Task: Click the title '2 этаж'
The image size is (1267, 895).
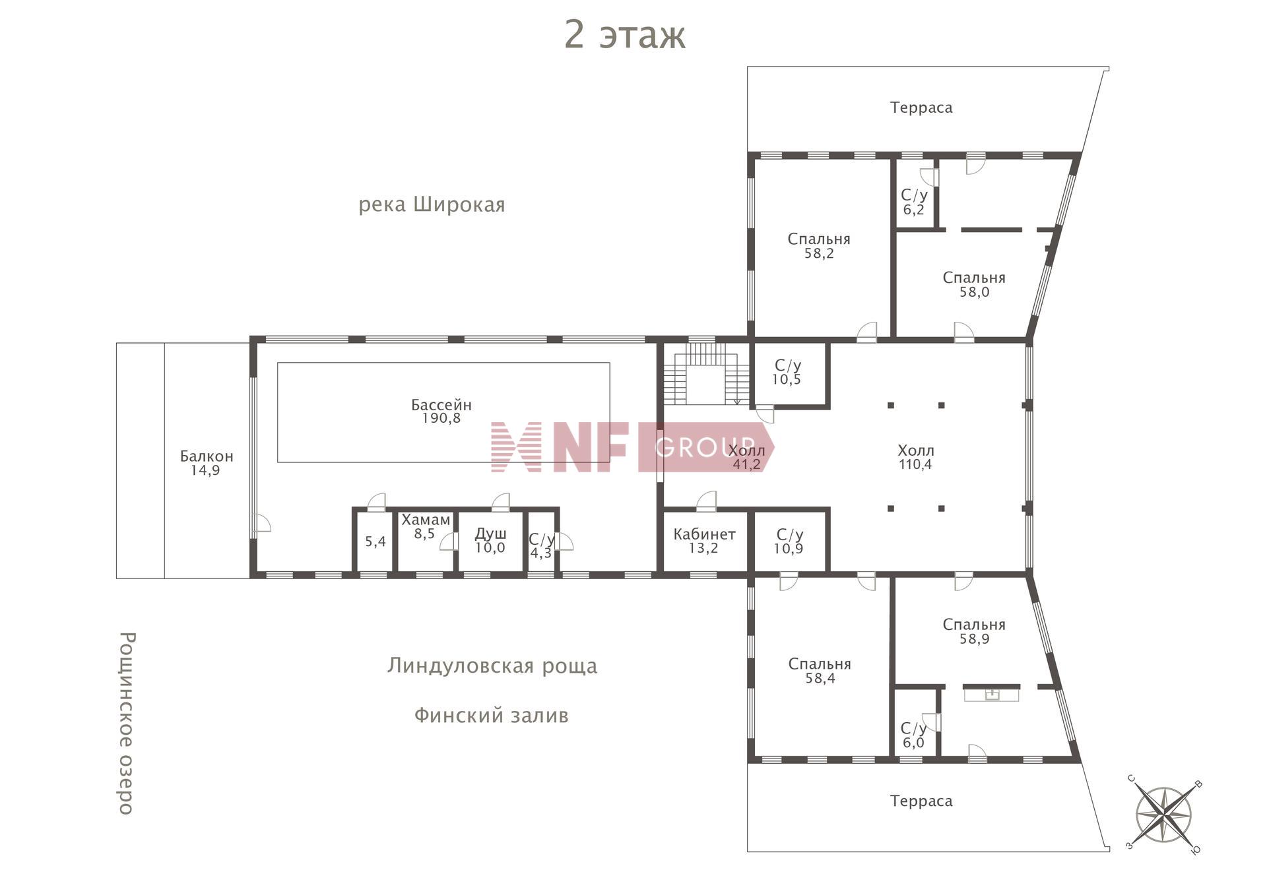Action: point(624,35)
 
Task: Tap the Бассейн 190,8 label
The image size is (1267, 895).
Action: point(441,412)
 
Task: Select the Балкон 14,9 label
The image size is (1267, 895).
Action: point(206,463)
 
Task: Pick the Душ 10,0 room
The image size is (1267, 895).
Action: point(490,540)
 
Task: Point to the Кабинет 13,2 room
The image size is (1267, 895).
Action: point(704,541)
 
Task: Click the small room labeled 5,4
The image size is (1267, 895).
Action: point(375,542)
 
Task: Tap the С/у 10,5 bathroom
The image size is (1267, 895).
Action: point(787,373)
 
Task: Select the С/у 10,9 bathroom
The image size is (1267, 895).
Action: point(789,541)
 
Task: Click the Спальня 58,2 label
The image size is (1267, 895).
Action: point(819,246)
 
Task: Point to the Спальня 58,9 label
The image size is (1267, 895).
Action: point(974,631)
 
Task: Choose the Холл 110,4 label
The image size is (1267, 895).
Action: point(915,457)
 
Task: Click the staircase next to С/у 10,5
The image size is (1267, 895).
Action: point(706,375)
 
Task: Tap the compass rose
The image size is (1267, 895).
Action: point(1163,815)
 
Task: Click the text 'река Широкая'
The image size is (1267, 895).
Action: point(432,205)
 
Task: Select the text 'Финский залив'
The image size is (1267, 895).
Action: point(491,716)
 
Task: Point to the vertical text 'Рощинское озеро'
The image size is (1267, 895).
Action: point(126,723)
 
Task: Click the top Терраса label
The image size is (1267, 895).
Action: point(921,108)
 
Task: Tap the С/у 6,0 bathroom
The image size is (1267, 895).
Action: point(913,735)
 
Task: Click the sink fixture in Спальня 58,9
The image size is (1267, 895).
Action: point(991,694)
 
